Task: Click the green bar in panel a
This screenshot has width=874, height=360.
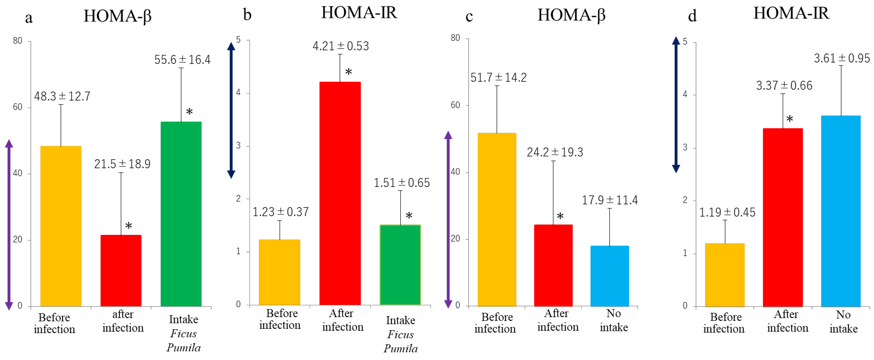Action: (x=181, y=214)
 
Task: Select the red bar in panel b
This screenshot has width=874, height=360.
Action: (x=340, y=193)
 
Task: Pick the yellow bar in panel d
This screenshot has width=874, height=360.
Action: (x=725, y=275)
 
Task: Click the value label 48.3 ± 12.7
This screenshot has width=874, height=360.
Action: (x=62, y=97)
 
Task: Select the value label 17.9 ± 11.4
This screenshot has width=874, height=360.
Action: (x=610, y=200)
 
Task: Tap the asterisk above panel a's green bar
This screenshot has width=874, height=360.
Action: (x=189, y=112)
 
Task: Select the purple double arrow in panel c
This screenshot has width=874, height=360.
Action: (x=448, y=220)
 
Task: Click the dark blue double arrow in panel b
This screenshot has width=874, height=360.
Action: (x=231, y=110)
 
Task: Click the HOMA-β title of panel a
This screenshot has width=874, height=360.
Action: (x=117, y=16)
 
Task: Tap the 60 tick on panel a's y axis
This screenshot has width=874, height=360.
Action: (x=17, y=107)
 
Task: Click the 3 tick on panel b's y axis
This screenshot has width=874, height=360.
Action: (x=238, y=145)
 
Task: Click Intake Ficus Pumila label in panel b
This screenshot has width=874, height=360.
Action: (x=400, y=334)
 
